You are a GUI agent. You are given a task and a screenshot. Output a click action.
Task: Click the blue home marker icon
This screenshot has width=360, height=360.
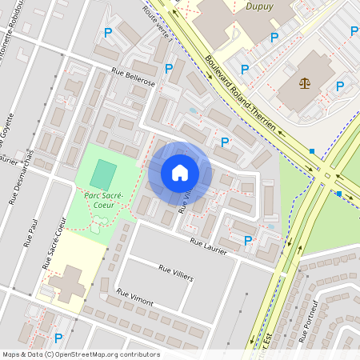(x=179, y=173)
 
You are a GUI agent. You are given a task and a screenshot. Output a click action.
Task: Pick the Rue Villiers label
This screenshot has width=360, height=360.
(x=176, y=273)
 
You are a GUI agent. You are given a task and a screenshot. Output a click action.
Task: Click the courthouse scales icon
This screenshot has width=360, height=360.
(x=304, y=83)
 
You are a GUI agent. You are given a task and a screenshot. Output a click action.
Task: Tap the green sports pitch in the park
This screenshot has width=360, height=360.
(x=102, y=174)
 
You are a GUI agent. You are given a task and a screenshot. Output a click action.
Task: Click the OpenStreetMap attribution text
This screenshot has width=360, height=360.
(x=81, y=354)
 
